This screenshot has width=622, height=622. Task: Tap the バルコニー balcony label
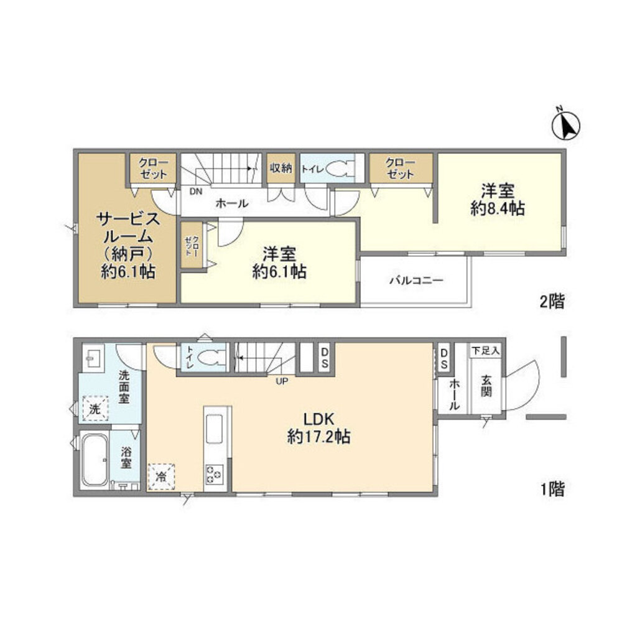point(416,281)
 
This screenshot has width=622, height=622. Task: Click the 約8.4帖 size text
point(497,210)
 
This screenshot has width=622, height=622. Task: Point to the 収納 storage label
point(281,168)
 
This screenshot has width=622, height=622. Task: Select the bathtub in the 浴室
point(95,461)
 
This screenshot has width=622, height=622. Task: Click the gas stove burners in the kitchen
point(215,475)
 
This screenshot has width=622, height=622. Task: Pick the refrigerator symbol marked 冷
point(161,477)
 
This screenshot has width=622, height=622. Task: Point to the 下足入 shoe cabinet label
point(485,351)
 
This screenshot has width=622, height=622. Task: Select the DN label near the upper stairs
point(196,192)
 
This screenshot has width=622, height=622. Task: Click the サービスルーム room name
point(129,228)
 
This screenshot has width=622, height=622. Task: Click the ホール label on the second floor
point(232,203)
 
